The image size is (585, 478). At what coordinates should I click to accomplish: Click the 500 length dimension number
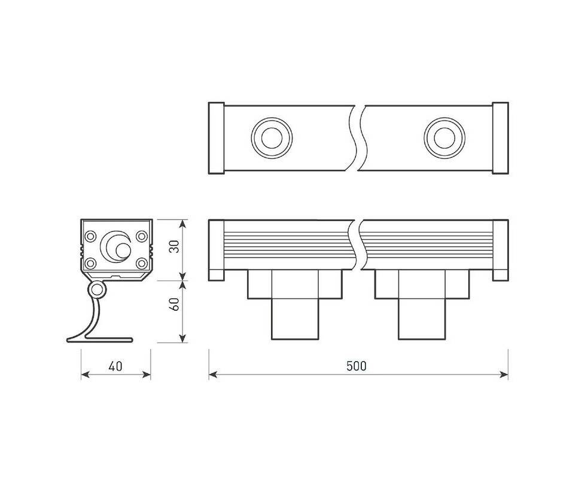click(357, 366)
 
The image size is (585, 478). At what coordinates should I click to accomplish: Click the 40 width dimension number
click(115, 366)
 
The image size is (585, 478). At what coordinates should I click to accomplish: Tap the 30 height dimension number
click(174, 246)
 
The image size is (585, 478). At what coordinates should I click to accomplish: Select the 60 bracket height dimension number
click(174, 304)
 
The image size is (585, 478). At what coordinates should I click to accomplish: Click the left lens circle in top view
click(272, 138)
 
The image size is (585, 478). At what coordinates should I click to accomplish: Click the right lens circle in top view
click(444, 138)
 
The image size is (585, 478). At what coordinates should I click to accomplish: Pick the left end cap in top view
click(217, 138)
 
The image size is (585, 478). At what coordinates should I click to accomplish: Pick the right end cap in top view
click(500, 138)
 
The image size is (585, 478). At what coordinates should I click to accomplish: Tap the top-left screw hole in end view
click(90, 236)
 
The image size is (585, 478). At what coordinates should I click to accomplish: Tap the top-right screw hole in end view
click(141, 236)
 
